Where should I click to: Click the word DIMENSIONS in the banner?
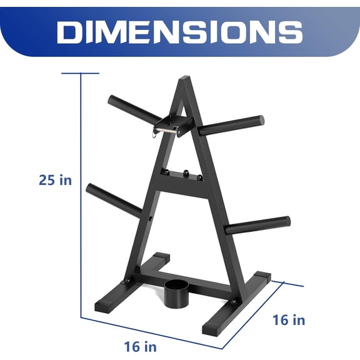point(180,31)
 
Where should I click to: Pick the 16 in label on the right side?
point(289,321)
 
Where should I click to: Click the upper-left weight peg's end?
point(113,99)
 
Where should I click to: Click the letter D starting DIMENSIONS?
point(70,31)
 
